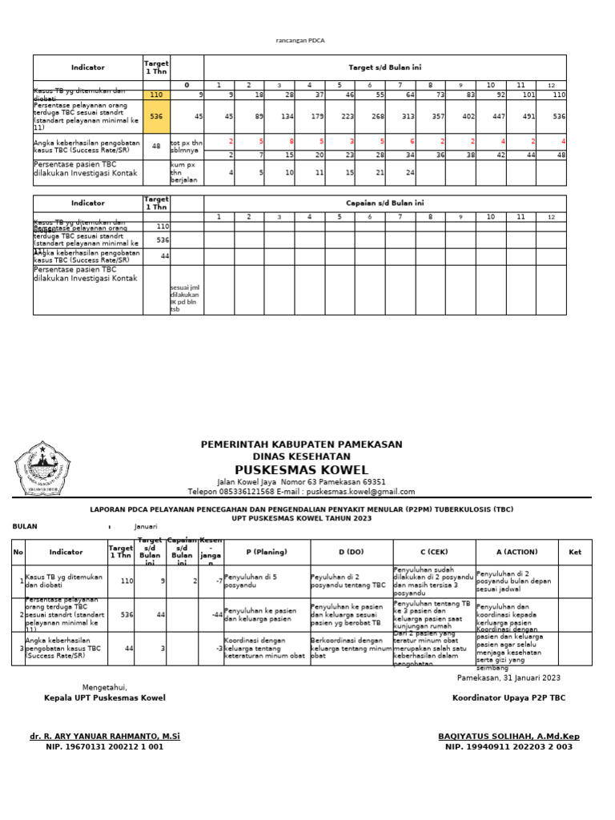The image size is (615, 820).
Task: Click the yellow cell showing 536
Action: tap(156, 116)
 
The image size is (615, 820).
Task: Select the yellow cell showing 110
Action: tap(156, 94)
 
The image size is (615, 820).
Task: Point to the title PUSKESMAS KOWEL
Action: tap(301, 469)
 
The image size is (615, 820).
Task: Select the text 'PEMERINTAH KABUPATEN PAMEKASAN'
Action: tap(301, 444)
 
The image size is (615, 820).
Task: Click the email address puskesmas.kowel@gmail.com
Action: tap(360, 492)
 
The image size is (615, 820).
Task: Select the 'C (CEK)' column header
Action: tap(433, 552)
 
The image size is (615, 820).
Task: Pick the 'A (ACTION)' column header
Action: tap(517, 552)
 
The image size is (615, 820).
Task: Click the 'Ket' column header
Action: tap(575, 552)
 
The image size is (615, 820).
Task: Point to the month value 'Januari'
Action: tap(147, 527)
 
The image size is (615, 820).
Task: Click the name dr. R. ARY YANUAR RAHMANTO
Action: tap(105, 736)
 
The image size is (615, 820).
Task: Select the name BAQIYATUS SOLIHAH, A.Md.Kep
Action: tap(508, 736)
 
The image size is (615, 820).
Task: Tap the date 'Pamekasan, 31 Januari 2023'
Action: tap(508, 677)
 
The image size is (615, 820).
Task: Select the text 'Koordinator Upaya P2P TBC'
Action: tap(508, 697)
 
